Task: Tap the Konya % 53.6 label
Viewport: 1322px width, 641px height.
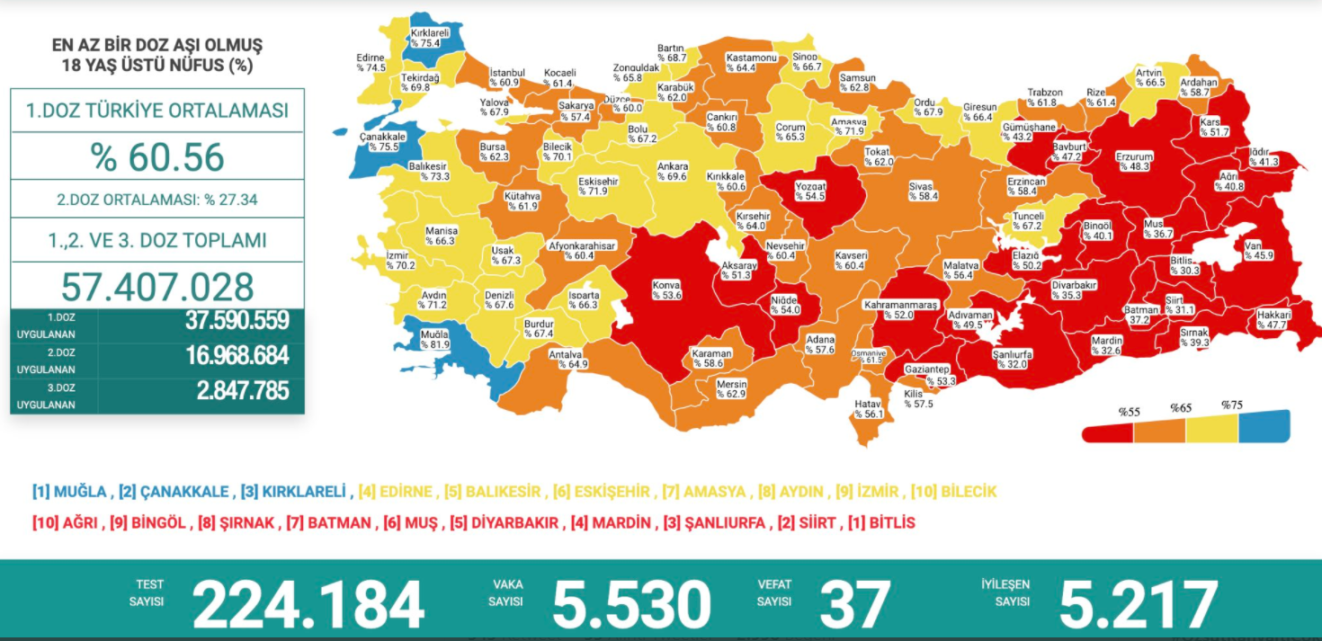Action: click(667, 289)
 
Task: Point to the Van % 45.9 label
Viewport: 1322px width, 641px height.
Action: click(1259, 250)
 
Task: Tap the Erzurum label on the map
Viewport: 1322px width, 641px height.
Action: click(1134, 161)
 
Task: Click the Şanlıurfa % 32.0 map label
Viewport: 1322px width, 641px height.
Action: click(1012, 360)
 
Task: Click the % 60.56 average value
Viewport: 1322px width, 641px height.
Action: click(157, 157)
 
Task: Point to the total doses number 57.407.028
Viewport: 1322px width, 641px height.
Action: click(157, 286)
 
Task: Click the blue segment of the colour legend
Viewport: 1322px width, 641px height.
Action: click(1264, 427)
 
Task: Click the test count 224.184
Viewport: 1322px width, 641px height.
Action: click(308, 603)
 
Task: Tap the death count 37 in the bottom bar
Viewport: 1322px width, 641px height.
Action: click(854, 603)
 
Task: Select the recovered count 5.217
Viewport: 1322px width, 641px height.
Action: click(1138, 603)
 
